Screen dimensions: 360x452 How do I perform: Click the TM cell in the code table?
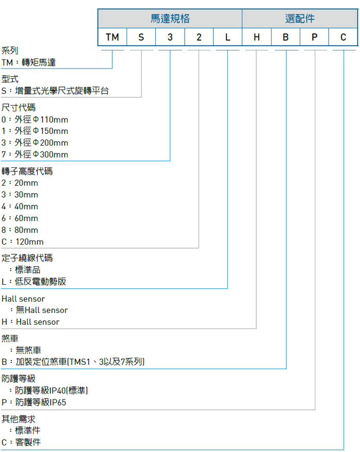pos(112,37)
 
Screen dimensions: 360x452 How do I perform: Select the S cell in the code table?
pos(141,37)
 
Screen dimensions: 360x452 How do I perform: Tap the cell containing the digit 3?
pos(170,37)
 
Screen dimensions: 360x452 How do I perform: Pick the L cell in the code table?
pos(228,37)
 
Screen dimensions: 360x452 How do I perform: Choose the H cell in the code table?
pos(257,37)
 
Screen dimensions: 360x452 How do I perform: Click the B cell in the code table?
pos(286,37)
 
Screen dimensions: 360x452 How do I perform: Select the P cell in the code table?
pos(315,37)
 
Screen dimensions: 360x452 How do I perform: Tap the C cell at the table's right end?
pos(344,37)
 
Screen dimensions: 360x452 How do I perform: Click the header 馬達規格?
pos(170,19)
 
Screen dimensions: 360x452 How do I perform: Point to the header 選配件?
pos(300,19)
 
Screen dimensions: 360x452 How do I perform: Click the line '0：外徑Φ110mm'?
pos(35,119)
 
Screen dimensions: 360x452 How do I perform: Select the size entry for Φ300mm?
pos(35,154)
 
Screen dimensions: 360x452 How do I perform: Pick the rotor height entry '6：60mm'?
pos(20,218)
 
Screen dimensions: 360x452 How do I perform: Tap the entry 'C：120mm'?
pos(23,241)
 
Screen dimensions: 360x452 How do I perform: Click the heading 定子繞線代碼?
pos(27,258)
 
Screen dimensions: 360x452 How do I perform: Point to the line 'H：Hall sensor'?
pos(30,322)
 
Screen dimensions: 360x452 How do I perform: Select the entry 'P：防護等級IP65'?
pos(34,402)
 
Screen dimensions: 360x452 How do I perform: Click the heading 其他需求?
pos(19,419)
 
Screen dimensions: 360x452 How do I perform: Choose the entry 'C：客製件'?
pos(21,442)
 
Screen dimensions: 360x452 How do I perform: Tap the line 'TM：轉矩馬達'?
pos(28,62)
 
